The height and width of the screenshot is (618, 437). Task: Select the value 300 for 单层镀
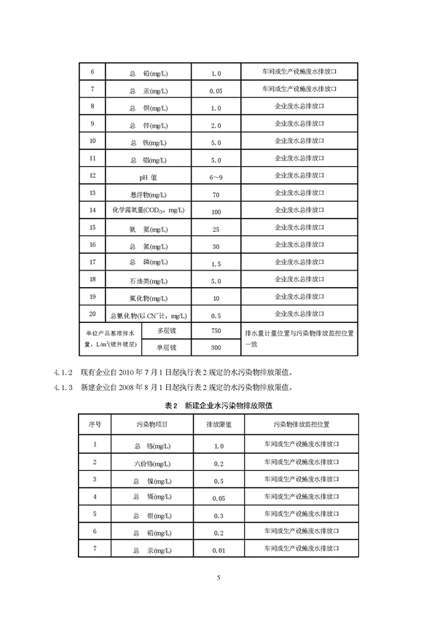coord(215,348)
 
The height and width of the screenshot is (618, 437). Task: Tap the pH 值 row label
coord(149,176)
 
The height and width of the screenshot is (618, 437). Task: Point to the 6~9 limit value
coord(216,176)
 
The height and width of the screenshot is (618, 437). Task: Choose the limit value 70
coord(216,194)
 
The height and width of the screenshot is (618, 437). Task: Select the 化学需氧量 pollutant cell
coord(149,211)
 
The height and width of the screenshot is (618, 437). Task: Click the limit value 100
coord(216,211)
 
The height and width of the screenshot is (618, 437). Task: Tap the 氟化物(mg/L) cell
coord(149,298)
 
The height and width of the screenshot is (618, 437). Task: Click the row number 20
coord(92,315)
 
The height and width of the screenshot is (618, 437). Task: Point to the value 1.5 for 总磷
coord(216,264)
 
